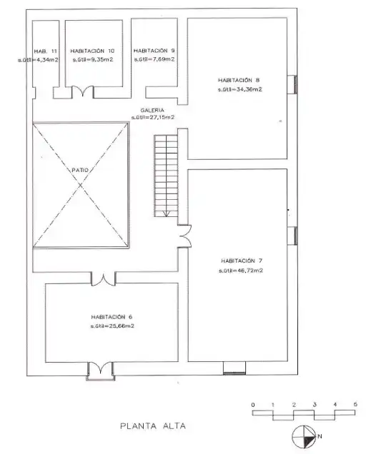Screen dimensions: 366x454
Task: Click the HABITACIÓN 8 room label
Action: tap(239, 80)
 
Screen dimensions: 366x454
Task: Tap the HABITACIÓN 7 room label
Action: tap(242, 261)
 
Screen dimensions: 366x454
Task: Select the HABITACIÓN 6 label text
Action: tap(112, 317)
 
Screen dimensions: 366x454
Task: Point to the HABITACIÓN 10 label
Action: tap(92, 51)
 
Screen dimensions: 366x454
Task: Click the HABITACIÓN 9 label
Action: tap(154, 51)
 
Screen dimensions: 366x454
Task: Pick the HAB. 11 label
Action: tap(45, 51)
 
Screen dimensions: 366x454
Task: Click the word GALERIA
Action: tap(152, 110)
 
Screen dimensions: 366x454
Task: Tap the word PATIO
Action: tap(80, 170)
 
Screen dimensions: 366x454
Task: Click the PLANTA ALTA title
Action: tap(153, 426)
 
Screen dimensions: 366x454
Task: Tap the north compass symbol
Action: tap(304, 436)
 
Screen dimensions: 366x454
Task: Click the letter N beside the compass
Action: tap(320, 436)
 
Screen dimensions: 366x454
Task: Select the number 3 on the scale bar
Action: tap(315, 405)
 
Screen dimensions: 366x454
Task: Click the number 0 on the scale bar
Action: tap(253, 405)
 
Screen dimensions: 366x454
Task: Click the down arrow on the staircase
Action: tap(166, 213)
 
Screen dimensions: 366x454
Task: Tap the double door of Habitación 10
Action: tap(83, 91)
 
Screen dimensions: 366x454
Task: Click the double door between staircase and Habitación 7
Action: tap(184, 236)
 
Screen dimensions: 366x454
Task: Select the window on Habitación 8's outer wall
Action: tap(292, 84)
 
